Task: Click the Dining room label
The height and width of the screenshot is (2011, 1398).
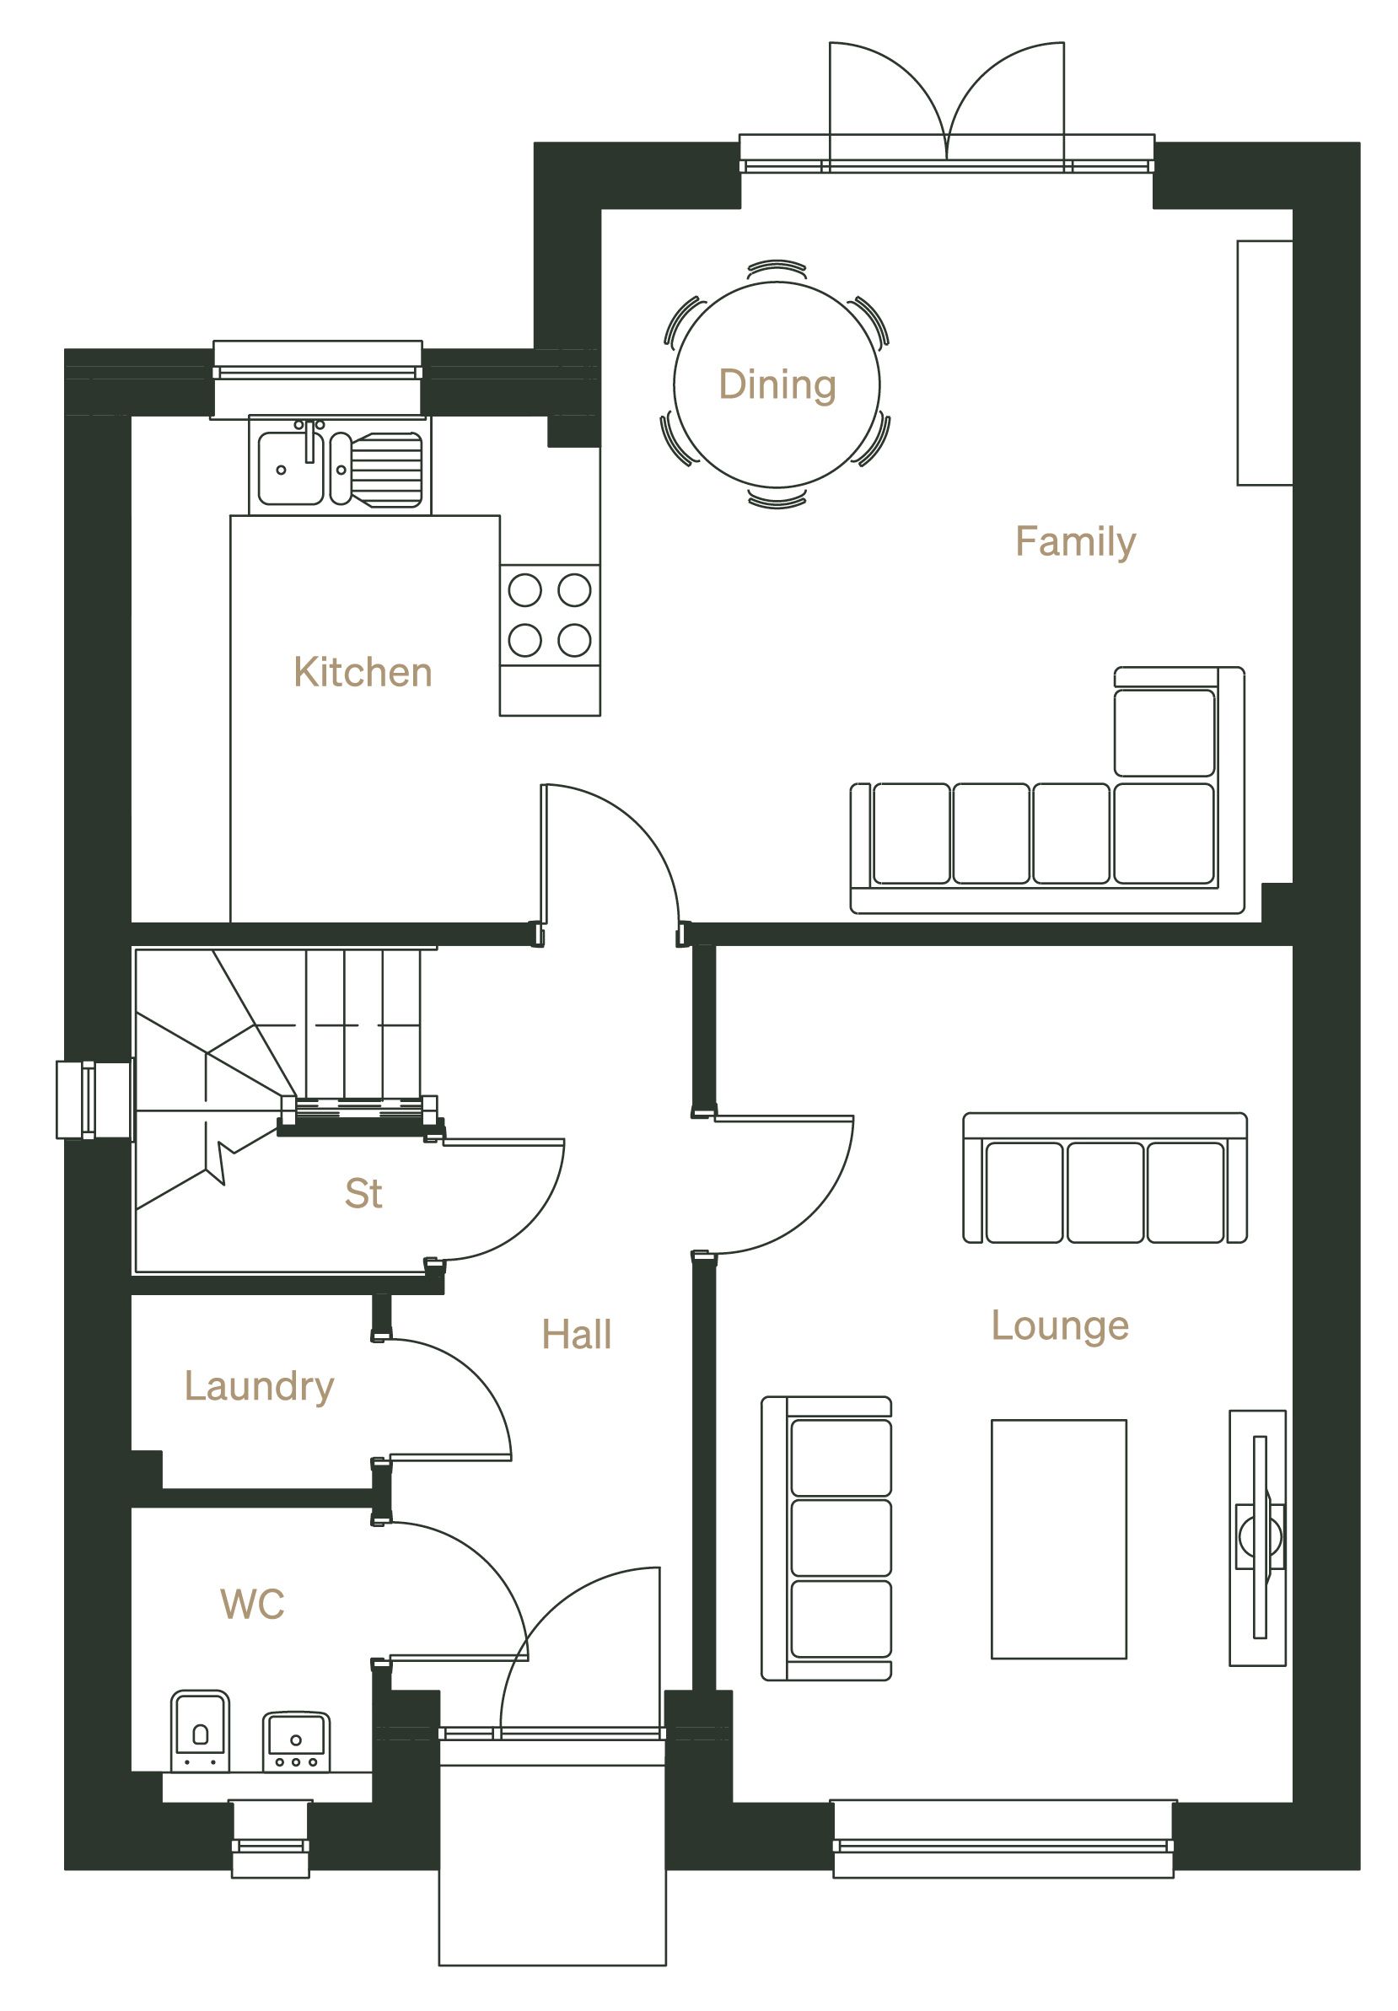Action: coord(777,385)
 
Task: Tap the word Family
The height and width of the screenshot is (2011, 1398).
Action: coord(1076,542)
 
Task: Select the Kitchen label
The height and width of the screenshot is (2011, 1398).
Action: coord(363,672)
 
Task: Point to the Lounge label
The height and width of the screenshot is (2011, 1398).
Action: coord(1060,1326)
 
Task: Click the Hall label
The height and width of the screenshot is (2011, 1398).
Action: coord(577,1335)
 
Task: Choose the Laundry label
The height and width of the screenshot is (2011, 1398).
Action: coord(259,1386)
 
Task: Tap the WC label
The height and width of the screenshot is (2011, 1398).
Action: coord(252,1605)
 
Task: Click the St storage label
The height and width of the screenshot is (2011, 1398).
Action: coord(363,1194)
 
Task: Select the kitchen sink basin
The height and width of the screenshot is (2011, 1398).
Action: coord(290,469)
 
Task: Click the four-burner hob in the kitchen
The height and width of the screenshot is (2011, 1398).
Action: coord(550,615)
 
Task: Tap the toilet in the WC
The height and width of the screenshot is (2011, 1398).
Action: coord(200,1731)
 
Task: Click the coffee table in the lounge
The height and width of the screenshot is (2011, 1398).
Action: coord(1058,1539)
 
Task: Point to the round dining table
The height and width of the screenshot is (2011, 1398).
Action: coord(777,384)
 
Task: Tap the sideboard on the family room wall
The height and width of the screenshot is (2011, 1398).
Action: coord(1265,363)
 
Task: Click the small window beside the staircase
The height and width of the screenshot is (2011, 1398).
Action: coord(94,1100)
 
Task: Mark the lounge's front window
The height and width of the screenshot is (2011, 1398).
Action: coord(1003,1838)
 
